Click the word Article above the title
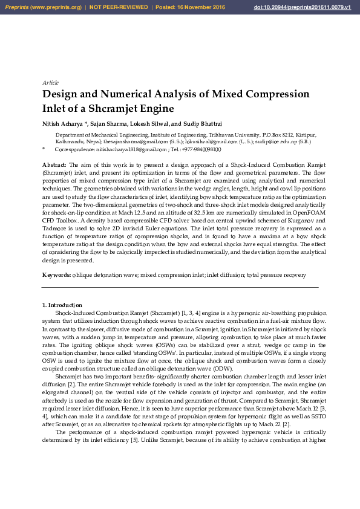[50, 82]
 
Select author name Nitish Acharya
[63, 123]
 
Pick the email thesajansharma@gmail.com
[122, 141]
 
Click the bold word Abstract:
[54, 164]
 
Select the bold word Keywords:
[56, 275]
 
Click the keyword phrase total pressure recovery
[277, 275]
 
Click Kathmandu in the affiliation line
[70, 141]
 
